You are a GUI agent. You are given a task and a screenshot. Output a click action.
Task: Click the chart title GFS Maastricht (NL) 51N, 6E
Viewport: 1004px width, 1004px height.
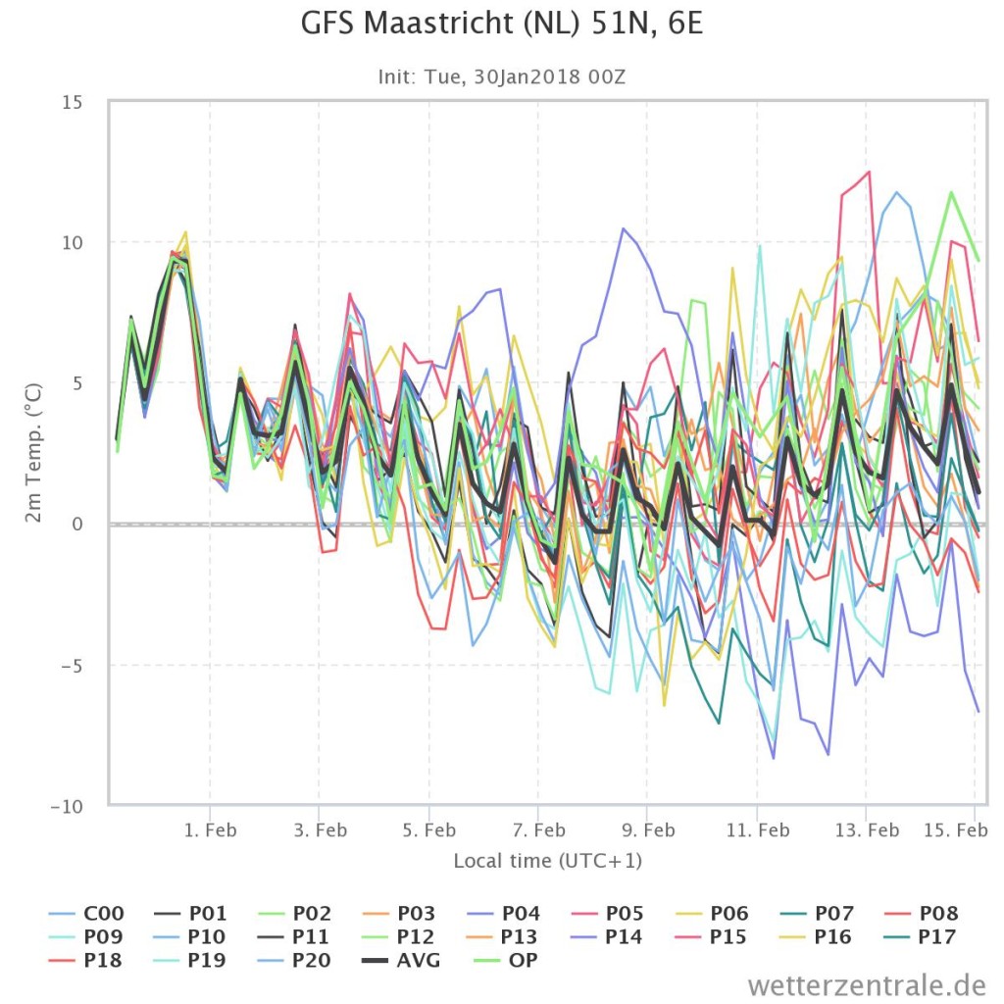point(502,25)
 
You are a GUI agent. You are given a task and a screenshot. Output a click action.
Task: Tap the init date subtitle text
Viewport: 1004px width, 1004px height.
point(501,76)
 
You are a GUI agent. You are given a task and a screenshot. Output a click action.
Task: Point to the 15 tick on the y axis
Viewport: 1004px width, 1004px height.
point(73,102)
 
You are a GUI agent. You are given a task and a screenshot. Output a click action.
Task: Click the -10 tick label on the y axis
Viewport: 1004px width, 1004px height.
point(67,806)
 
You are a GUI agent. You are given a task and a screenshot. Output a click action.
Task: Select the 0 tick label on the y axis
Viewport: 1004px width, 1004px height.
point(77,524)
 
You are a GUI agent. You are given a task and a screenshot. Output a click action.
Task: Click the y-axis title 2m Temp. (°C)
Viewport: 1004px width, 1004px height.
point(33,453)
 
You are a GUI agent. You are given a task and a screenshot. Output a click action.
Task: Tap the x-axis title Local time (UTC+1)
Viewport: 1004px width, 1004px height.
point(547,861)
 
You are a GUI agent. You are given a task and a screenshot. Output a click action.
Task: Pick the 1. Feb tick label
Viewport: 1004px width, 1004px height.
point(210,830)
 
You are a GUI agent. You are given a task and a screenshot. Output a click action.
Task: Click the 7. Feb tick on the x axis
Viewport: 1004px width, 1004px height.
point(538,830)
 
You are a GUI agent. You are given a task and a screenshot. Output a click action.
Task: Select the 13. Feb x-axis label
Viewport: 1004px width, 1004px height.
point(867,830)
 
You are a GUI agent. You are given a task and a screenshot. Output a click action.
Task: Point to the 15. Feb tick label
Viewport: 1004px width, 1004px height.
point(955,830)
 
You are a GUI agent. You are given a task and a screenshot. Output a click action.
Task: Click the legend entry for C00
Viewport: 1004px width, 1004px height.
point(86,913)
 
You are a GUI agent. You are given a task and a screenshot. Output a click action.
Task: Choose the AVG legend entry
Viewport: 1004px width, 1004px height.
point(401,961)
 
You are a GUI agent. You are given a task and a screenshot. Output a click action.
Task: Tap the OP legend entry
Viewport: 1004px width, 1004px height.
point(506,961)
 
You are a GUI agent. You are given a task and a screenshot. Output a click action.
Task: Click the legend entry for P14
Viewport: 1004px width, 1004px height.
point(605,936)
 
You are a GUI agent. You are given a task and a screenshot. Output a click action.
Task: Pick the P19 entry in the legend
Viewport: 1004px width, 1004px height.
point(189,961)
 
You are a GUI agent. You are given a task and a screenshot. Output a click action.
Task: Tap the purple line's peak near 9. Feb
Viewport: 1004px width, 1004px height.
point(623,227)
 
